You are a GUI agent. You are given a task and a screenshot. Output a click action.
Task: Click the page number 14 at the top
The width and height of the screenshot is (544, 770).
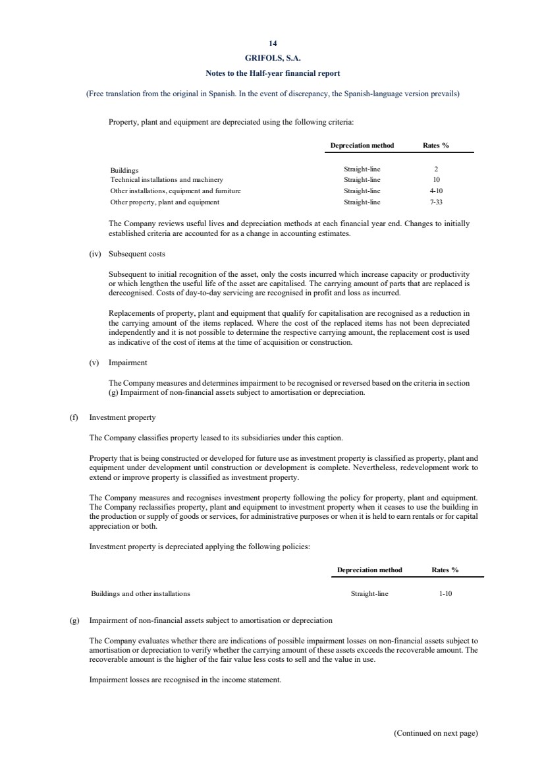[272, 45]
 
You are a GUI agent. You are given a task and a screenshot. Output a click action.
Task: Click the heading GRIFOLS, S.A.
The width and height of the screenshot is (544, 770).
[272, 59]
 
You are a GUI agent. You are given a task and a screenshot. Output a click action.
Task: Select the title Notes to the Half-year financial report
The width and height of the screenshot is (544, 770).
[272, 73]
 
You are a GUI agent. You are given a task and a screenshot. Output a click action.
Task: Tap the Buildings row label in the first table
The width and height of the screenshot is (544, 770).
[124, 169]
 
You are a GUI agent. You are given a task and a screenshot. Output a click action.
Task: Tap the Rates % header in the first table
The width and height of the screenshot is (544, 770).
[436, 146]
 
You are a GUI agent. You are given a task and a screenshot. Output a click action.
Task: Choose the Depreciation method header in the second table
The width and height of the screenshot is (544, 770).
[369, 570]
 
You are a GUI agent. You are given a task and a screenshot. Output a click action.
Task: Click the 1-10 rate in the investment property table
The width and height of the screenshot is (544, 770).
[445, 593]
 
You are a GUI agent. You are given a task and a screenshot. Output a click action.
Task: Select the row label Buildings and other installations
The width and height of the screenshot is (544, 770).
[140, 593]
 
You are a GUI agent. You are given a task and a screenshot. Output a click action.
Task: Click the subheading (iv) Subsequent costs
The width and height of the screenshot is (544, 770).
[127, 254]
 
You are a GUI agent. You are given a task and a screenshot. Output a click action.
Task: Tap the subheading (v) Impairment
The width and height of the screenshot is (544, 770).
[119, 363]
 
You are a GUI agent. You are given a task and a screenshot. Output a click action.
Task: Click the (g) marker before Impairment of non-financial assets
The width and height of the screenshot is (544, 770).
[74, 620]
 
